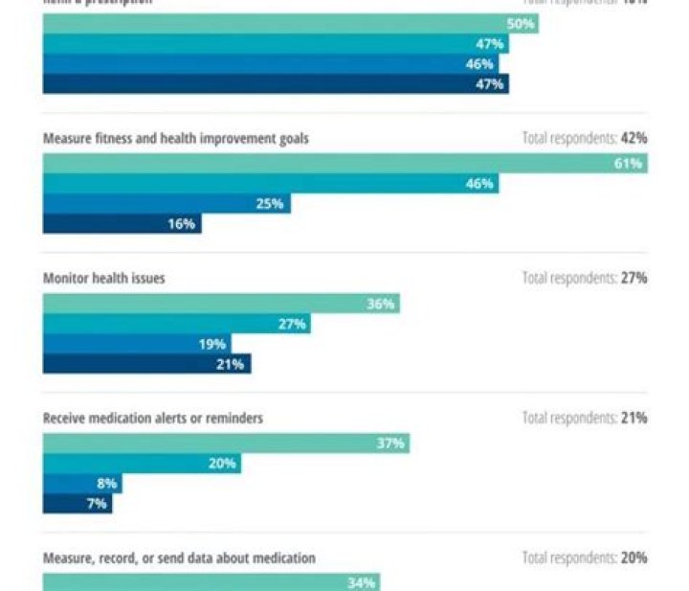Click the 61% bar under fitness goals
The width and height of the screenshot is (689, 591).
344,164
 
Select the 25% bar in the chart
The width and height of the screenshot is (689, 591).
167,204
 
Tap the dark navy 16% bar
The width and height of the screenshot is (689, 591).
122,224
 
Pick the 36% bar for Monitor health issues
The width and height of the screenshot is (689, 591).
220,304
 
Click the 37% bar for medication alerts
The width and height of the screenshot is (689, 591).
226,443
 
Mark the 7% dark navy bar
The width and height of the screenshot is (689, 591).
78,504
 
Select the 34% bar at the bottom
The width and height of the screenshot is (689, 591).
211,581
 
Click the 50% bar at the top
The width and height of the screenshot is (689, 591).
290,24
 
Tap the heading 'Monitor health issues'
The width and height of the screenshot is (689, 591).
104,279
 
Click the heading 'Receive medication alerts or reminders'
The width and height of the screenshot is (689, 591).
153,419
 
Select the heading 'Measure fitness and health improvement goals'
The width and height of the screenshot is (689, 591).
176,139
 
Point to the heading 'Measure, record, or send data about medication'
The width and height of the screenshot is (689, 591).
179,557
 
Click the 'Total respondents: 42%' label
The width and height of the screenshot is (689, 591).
585,139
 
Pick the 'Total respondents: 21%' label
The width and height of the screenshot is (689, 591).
585,419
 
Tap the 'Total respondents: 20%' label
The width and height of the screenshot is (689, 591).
585,557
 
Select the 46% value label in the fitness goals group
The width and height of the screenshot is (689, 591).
479,184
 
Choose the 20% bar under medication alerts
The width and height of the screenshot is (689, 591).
142,464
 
